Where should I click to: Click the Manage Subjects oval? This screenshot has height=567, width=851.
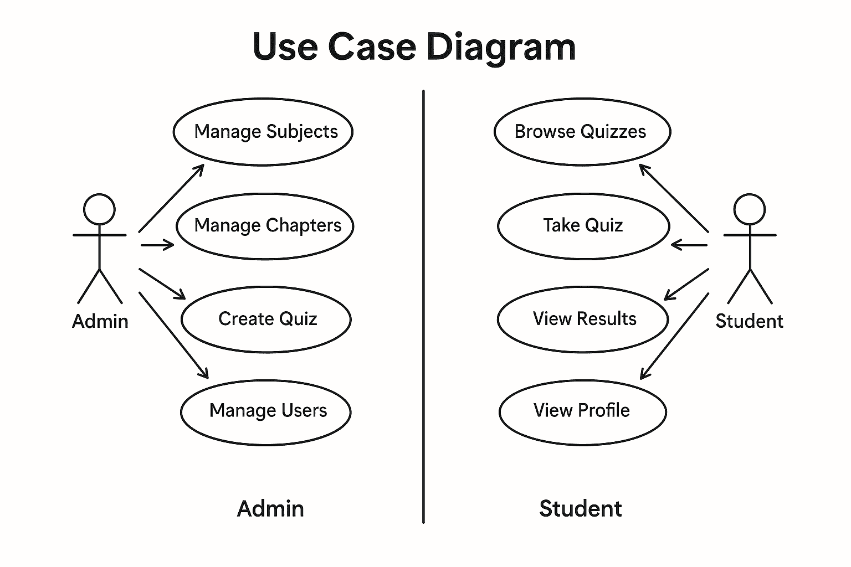tap(263, 132)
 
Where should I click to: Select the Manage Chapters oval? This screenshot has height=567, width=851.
tap(265, 226)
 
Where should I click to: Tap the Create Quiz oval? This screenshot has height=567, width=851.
tap(266, 319)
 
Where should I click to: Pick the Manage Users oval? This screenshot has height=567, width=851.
tap(266, 411)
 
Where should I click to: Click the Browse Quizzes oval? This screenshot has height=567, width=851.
tap(582, 132)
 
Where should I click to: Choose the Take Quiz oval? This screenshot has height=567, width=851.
tap(583, 226)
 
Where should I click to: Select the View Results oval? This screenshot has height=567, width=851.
tap(583, 319)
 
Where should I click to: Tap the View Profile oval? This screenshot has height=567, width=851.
tap(582, 411)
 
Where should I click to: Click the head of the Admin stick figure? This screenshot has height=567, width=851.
tap(99, 209)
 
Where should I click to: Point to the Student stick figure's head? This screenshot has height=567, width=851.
tap(749, 209)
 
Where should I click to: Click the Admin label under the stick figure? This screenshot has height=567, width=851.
tap(100, 321)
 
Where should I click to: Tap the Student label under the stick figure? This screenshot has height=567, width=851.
tap(749, 321)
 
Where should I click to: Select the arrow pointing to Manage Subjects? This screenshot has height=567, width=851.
tap(171, 198)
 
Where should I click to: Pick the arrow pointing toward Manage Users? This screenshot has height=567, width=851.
tap(173, 336)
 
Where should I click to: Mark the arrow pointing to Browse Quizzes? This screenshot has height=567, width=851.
tap(674, 198)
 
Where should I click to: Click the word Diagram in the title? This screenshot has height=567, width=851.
tap(501, 47)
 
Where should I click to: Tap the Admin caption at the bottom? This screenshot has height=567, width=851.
tap(270, 508)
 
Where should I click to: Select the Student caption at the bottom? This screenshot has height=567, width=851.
tap(580, 508)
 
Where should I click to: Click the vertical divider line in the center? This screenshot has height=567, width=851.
tap(423, 305)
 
